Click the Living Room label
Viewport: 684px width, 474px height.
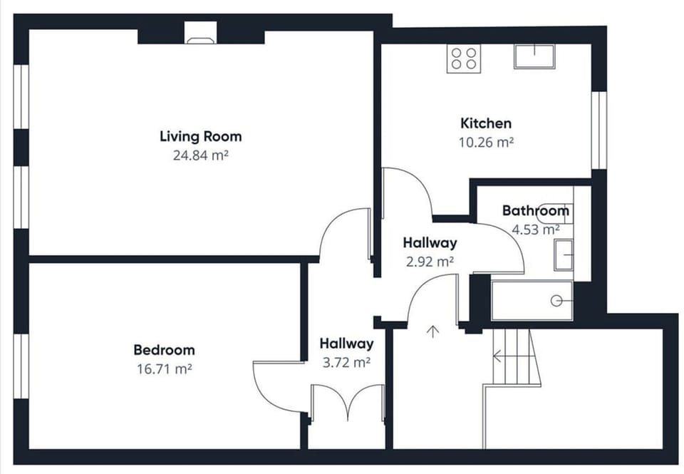pos(200,136)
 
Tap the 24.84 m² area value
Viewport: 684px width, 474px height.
pos(200,154)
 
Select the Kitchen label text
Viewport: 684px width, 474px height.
pos(485,123)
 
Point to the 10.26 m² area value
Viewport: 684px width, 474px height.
pos(485,141)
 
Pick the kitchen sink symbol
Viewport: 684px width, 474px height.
pos(534,56)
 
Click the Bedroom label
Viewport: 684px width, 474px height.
pos(164,350)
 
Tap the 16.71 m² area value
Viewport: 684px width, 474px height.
pos(164,369)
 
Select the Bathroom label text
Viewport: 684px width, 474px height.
pos(535,211)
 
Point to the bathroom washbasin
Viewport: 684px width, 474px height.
pos(564,254)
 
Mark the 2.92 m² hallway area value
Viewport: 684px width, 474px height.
pos(430,262)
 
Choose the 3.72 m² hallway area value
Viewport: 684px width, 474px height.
pos(346,362)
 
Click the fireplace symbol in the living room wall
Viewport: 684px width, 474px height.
pos(200,33)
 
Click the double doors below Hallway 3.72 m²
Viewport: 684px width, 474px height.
pos(347,403)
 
